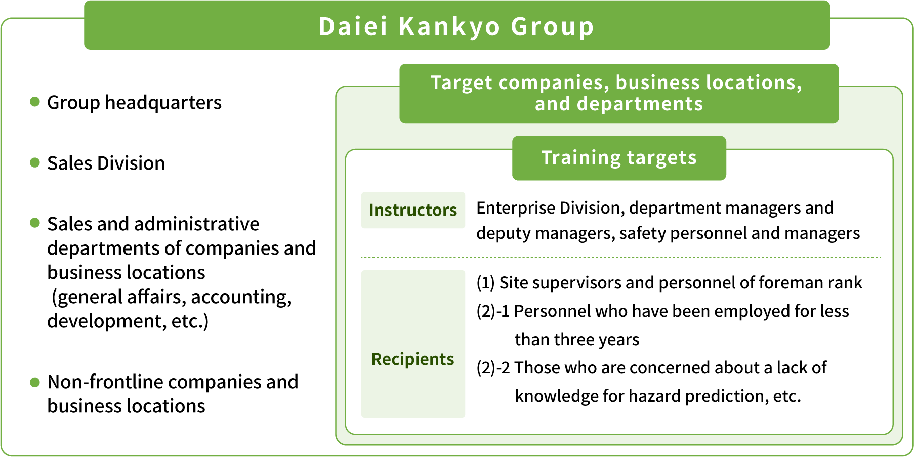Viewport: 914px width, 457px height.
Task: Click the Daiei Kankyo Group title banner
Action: pos(456,25)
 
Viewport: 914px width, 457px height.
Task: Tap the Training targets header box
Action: pos(619,158)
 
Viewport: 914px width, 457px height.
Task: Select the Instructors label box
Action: pos(413,210)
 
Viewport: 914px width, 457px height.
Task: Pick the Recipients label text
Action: pos(412,359)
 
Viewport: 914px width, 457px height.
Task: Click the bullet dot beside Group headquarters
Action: pos(35,102)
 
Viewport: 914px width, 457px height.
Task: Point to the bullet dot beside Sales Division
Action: pos(35,162)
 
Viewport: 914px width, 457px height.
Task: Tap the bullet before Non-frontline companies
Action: pos(35,382)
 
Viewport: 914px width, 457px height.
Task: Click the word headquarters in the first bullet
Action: pos(163,103)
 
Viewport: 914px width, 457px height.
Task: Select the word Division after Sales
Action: pos(131,163)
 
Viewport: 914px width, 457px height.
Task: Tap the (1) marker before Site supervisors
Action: pos(486,283)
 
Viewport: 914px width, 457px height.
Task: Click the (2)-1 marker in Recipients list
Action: pos(493,311)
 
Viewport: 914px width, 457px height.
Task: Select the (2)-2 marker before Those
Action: pos(493,368)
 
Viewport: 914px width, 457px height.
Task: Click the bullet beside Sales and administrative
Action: pos(35,223)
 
